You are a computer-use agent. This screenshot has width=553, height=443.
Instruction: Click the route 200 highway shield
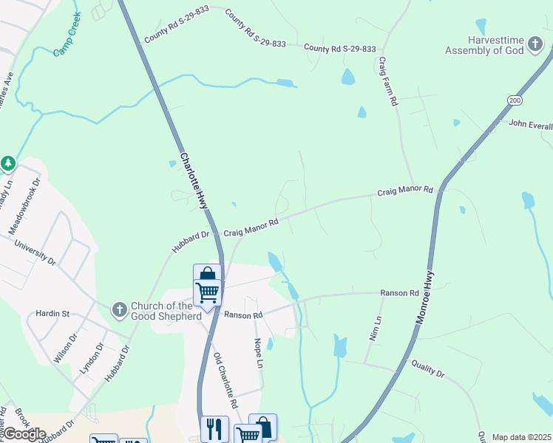point(515,100)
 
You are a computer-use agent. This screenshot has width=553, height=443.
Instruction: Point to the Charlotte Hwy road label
point(194,180)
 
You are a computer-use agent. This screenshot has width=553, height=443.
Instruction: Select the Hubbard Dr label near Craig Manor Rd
point(191,241)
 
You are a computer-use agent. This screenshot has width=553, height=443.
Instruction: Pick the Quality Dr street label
point(428,369)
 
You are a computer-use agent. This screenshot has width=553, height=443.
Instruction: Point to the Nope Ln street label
point(258,354)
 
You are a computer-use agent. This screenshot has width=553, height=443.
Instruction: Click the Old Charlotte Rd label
point(225,380)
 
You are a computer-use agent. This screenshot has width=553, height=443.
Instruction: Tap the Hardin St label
point(55,314)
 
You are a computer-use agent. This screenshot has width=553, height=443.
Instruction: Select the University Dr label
point(41,251)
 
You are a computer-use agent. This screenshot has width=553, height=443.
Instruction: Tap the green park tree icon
point(8,163)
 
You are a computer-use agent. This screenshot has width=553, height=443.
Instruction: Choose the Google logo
point(24,435)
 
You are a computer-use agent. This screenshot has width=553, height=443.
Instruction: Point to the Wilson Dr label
point(65,348)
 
